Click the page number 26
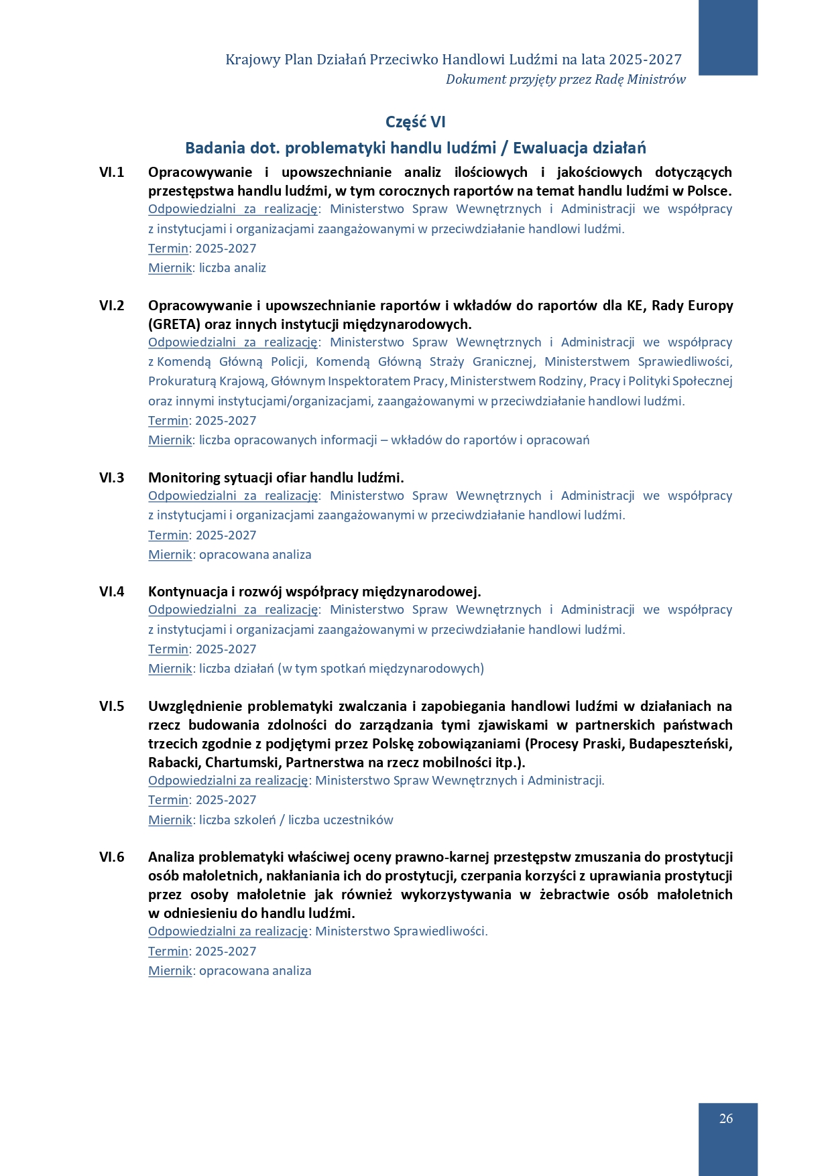point(726,1118)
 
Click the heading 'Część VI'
point(416,122)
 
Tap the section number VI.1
point(112,172)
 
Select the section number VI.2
point(112,306)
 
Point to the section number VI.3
point(112,478)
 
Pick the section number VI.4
point(112,592)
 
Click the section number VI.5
point(112,706)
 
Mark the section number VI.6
point(112,857)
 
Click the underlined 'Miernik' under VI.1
point(170,268)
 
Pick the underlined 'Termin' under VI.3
point(168,535)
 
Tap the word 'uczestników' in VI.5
point(360,820)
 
